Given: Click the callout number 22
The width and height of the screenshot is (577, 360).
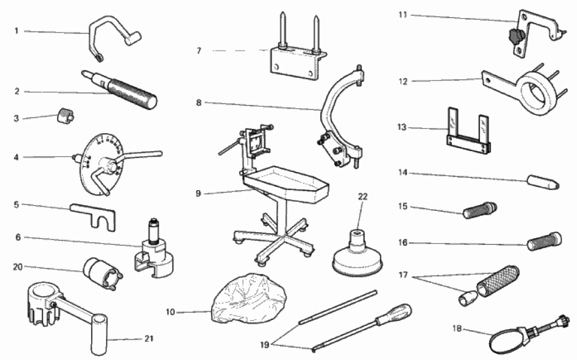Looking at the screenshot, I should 363,197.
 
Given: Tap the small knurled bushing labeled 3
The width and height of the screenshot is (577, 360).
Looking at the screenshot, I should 64,114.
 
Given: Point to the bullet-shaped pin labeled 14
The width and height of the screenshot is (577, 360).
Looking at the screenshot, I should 542,182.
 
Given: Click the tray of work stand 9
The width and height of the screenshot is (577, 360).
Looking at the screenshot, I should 288,184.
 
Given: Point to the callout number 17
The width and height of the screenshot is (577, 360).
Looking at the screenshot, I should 403,275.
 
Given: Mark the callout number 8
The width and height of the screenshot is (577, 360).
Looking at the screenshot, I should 198,102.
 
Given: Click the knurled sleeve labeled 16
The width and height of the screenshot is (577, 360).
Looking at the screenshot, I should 543,241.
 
